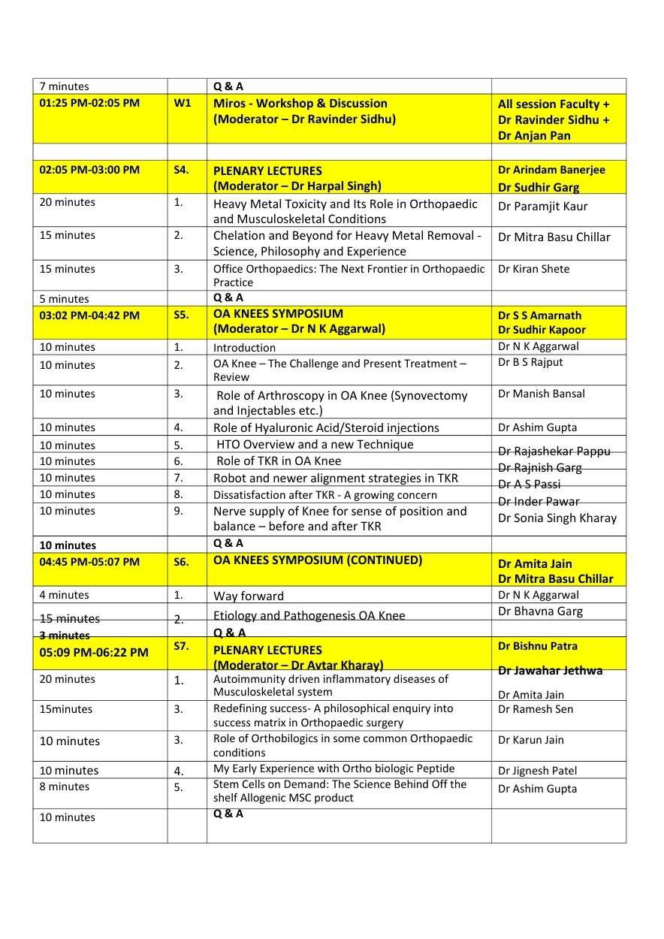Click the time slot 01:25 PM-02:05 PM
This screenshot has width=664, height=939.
tap(89, 103)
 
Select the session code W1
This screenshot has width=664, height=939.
tap(183, 103)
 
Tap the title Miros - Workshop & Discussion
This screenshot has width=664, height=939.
tap(300, 104)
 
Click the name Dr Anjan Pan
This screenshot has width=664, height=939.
tap(534, 136)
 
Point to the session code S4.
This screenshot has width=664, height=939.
tap(181, 170)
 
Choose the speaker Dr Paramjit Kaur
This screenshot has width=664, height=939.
tap(542, 207)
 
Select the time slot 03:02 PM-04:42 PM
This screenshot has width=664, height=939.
tap(89, 316)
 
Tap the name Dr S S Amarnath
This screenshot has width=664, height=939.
tap(539, 316)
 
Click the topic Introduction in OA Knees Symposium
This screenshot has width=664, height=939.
tap(244, 348)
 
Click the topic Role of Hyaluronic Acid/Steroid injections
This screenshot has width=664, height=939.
tap(326, 428)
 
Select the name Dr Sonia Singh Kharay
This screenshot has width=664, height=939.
tap(557, 518)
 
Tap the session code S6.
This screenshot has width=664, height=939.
tap(181, 561)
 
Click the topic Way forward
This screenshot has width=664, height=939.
tap(249, 596)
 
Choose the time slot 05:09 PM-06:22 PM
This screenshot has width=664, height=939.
tap(94, 653)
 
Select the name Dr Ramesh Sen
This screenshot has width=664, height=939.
tap(535, 709)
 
